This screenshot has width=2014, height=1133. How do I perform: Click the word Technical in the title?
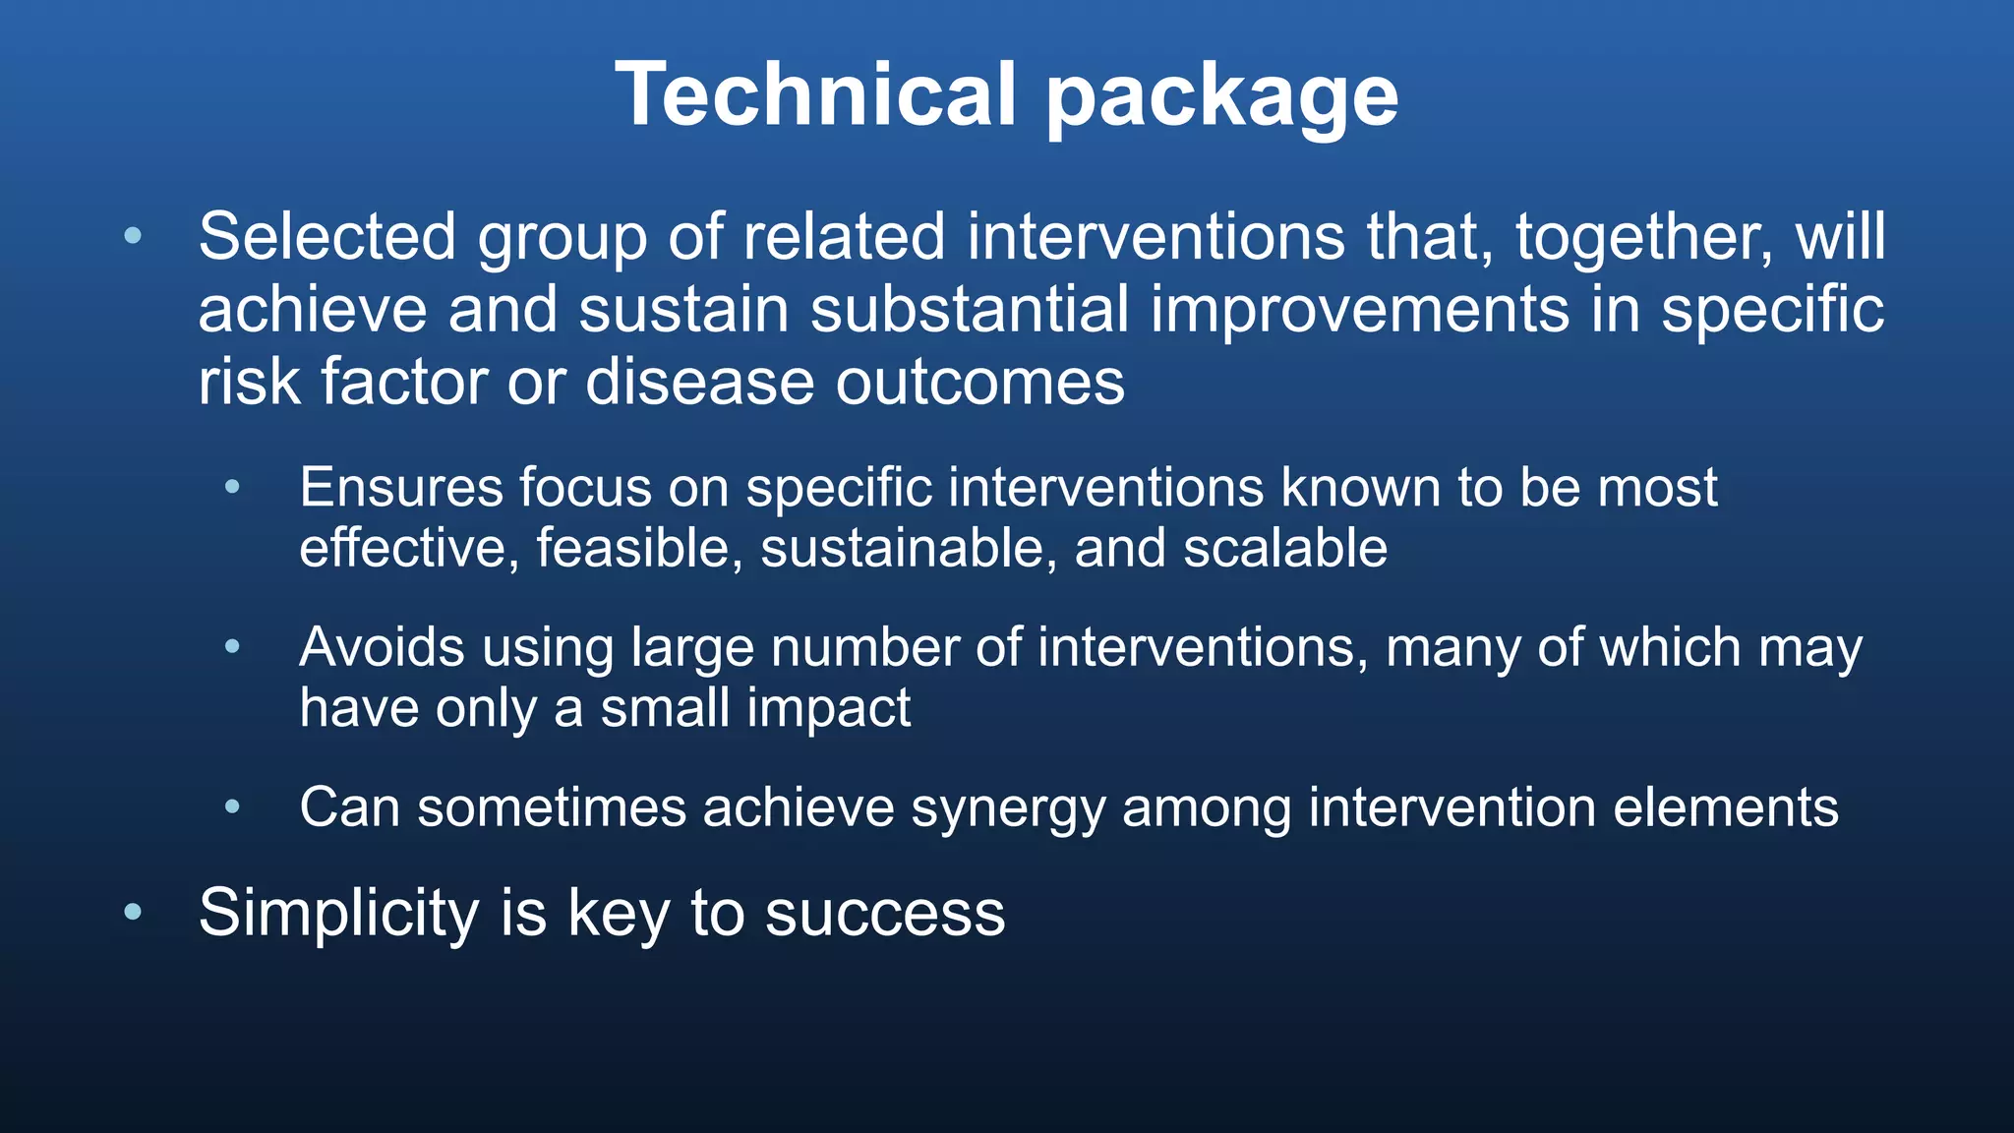[x=815, y=94]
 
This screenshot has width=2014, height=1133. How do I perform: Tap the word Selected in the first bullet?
[x=327, y=237]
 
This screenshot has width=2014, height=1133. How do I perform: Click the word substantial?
[x=970, y=310]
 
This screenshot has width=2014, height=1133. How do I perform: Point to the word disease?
[x=701, y=382]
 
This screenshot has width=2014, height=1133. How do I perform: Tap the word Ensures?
[x=400, y=487]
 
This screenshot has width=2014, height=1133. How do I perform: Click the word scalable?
[x=1285, y=548]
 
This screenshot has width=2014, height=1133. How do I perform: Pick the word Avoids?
[x=383, y=647]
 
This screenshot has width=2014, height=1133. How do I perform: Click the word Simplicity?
[x=338, y=914]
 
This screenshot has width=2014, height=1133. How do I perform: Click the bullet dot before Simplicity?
[x=133, y=913]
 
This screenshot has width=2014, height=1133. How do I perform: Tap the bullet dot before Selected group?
[x=133, y=236]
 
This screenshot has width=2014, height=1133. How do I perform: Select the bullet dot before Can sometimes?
[x=232, y=807]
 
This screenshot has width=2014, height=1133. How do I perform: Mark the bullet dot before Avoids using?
[x=232, y=647]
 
